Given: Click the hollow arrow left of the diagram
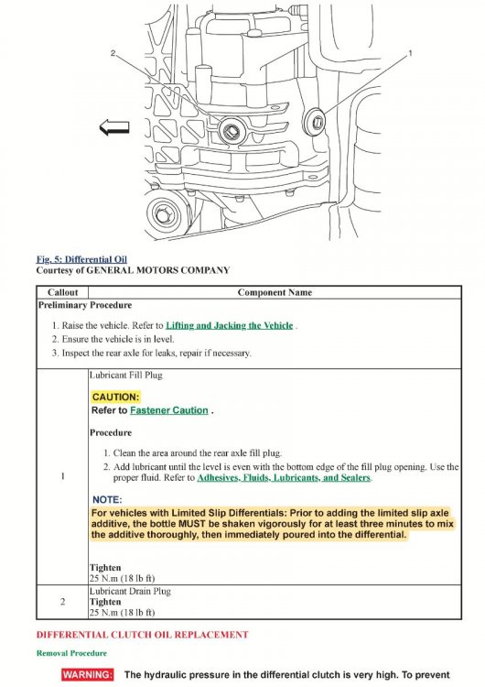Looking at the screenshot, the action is (114, 127).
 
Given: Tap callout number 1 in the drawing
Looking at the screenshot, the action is (410, 53).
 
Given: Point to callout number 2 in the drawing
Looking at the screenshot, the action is (113, 53).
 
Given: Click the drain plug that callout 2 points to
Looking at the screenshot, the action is (231, 130).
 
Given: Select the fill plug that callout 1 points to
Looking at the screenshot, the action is (315, 121).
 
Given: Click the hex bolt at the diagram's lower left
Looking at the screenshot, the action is (162, 215).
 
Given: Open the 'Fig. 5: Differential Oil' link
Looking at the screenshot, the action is (81, 259).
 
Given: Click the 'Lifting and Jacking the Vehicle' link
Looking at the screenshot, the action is (230, 325).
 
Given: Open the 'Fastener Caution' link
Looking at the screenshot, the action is (169, 410).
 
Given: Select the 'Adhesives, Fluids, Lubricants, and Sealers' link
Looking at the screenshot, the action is (284, 477).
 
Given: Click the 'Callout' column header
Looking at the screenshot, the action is (62, 292).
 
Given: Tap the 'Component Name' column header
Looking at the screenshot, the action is (275, 292).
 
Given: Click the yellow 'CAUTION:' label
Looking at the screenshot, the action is (115, 397).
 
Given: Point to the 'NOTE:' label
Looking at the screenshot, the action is (107, 500).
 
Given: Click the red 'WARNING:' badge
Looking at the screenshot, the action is (88, 674).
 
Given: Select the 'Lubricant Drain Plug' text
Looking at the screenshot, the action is (130, 591).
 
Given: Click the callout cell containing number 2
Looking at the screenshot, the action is (62, 602).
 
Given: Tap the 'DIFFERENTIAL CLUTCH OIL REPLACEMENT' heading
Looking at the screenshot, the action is (142, 635).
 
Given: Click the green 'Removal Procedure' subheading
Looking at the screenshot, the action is (71, 653).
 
